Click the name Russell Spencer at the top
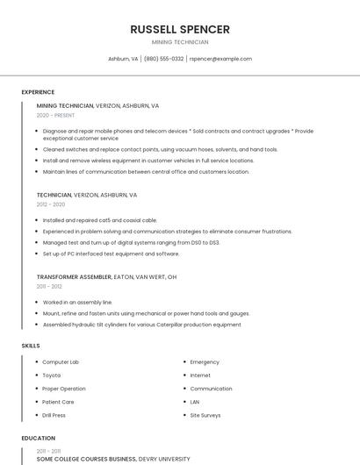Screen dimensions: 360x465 [x=180, y=29]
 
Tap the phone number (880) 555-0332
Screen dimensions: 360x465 [x=163, y=59]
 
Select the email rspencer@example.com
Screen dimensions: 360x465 [x=220, y=59]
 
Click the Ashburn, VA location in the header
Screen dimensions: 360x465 [x=123, y=59]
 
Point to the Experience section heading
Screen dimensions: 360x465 [x=38, y=92]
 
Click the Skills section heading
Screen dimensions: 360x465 [x=31, y=346]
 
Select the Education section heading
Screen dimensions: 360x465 [x=38, y=438]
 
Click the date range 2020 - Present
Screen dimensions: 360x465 [x=55, y=115]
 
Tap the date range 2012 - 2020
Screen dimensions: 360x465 [x=51, y=204]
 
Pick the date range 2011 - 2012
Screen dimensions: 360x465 [x=49, y=286]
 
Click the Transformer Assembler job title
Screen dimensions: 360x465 [x=74, y=276]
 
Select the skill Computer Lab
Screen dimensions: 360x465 [x=61, y=362]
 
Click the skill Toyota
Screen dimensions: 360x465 [x=52, y=376]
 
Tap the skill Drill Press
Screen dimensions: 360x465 [x=54, y=415]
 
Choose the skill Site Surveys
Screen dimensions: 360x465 [x=206, y=415]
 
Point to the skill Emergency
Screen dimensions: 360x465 [x=205, y=362]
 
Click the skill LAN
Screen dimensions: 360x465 [x=195, y=402]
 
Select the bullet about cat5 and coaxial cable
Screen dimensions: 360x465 [x=100, y=220]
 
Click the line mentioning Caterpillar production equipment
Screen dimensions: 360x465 [x=141, y=325]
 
